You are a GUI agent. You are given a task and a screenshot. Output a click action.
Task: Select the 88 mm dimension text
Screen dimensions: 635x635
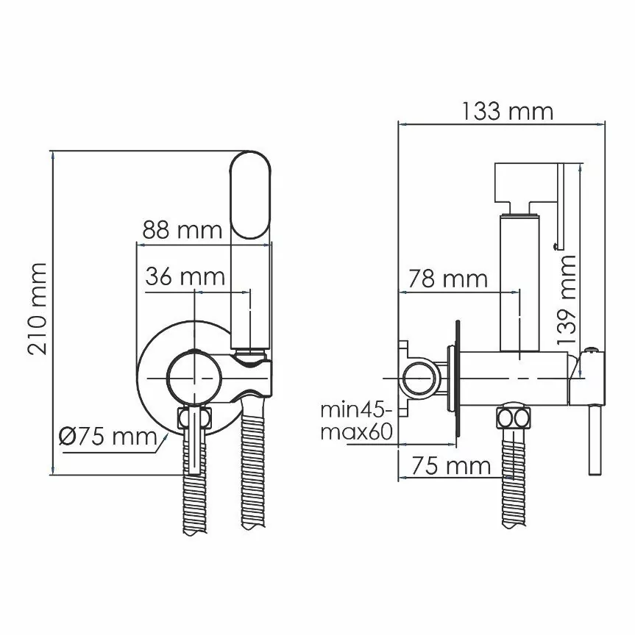182,230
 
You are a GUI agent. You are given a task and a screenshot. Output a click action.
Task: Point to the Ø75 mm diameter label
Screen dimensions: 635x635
107,437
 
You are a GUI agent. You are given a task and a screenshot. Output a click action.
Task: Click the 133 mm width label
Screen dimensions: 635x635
507,111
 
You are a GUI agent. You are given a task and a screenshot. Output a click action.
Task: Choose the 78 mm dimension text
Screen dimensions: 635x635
448,279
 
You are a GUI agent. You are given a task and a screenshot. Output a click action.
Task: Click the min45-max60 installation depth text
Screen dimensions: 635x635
355,420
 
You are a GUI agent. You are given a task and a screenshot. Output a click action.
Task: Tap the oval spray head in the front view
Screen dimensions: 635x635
251,195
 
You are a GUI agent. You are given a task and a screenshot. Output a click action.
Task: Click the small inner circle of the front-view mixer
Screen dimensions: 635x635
194,376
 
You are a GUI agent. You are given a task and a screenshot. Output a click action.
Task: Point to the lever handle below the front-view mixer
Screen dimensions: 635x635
193,441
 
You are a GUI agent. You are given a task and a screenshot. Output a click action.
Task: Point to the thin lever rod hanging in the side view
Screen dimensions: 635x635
593,441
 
